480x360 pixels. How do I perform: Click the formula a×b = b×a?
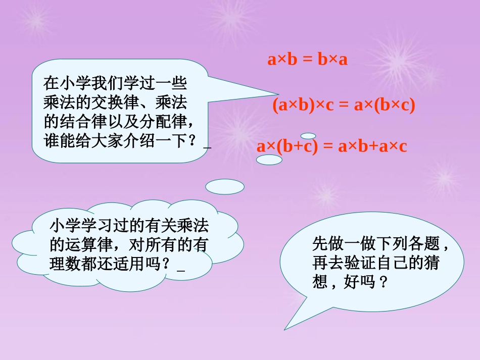click(x=308, y=60)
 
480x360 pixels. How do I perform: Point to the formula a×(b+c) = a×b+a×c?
click(x=331, y=146)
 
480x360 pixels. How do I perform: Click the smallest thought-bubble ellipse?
click(x=308, y=136)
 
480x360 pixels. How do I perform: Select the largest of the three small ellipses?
click(x=225, y=187)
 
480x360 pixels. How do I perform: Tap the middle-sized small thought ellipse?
click(x=269, y=160)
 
